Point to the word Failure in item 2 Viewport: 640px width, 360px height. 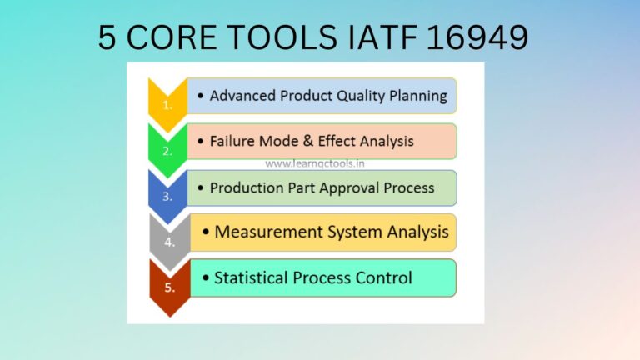click(235, 141)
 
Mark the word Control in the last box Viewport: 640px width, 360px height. click(382, 277)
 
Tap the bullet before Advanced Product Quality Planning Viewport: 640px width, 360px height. click(201, 97)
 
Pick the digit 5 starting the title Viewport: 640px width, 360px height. click(107, 37)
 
